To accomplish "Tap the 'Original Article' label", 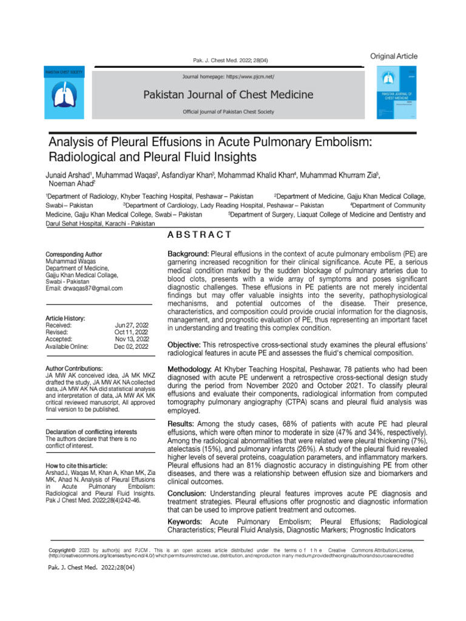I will click(x=394, y=56).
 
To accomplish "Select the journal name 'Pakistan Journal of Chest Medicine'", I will click(x=228, y=95).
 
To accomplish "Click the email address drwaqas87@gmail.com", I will click(x=84, y=289).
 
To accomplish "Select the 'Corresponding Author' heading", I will click(x=74, y=255).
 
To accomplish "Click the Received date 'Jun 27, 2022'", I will click(x=132, y=326).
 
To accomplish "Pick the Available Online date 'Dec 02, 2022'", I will click(x=132, y=347).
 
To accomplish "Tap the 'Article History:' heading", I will click(x=66, y=318).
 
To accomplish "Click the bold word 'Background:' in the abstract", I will click(x=188, y=253).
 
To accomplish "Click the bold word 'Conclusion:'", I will click(x=187, y=493).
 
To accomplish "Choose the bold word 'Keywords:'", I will click(x=186, y=522).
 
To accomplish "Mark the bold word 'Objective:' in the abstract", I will click(x=185, y=344).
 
